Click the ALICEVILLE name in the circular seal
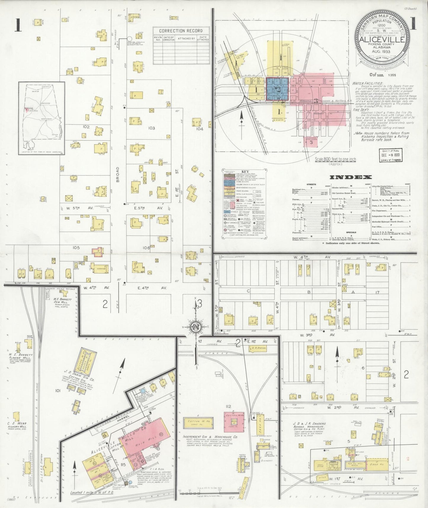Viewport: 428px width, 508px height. pos(381,40)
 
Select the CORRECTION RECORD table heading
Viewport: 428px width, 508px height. pos(181,31)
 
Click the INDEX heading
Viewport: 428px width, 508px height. pos(350,177)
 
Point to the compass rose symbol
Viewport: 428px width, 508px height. pos(196,327)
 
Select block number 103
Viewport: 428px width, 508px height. pos(151,128)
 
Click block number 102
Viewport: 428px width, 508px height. pos(86,127)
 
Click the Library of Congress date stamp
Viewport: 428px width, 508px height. pos(391,155)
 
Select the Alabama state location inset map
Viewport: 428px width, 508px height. pos(41,118)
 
